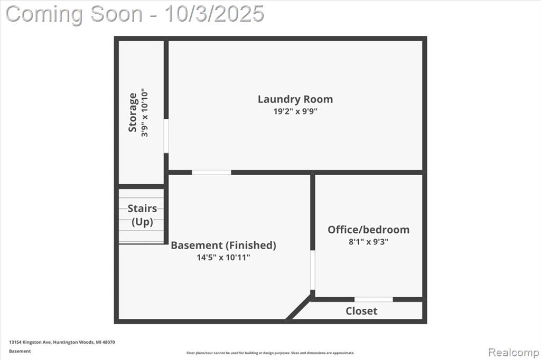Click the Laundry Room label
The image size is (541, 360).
(x=295, y=99)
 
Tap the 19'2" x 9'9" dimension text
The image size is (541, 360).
(x=295, y=111)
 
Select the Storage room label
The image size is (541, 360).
(x=133, y=112)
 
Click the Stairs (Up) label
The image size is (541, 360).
(x=142, y=215)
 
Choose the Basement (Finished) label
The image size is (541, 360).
(x=223, y=245)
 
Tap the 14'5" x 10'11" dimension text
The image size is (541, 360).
(x=223, y=257)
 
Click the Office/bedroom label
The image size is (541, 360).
(x=368, y=230)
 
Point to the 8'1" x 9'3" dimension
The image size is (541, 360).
(x=368, y=242)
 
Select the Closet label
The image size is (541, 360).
(x=361, y=311)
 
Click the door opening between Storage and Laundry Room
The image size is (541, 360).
(x=166, y=136)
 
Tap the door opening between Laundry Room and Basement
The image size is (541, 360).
(x=211, y=173)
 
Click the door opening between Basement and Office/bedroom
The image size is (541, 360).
(x=313, y=270)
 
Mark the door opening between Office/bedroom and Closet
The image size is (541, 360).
(x=374, y=299)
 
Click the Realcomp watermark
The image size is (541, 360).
(x=514, y=353)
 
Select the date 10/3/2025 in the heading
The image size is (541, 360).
(x=214, y=14)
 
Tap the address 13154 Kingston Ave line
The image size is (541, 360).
(x=62, y=342)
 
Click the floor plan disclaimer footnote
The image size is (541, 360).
(x=270, y=353)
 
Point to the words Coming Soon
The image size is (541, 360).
(x=74, y=14)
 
